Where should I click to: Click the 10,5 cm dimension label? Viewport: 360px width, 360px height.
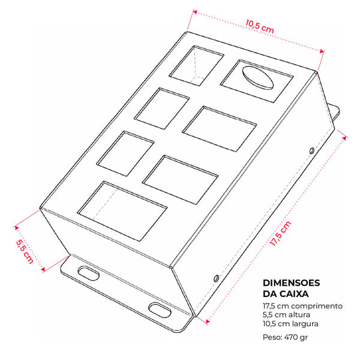260,26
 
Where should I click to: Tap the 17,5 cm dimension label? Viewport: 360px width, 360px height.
280,233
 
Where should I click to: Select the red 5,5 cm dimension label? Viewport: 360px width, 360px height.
25,252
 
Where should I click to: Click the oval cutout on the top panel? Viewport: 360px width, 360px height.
258,78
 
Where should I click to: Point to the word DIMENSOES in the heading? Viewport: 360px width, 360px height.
292,283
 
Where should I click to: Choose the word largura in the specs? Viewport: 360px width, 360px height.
305,324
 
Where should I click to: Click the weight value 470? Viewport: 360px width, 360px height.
290,337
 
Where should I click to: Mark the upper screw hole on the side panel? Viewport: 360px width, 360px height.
312,151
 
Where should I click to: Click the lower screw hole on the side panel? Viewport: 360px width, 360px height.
216,278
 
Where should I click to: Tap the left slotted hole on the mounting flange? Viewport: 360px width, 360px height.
88,273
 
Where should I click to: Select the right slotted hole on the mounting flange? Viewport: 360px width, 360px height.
160,310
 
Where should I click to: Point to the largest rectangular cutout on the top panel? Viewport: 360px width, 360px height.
122,211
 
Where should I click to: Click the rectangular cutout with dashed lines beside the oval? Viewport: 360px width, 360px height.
197,65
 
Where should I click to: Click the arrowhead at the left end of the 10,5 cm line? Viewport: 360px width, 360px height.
195,12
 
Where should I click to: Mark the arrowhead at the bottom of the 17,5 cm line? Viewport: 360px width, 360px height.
207,321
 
